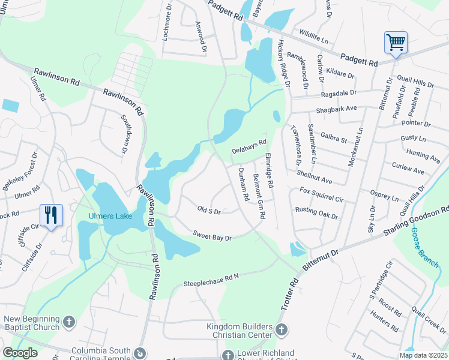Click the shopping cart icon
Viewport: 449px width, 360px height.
tap(396, 43)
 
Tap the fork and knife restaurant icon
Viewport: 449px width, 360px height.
tap(50, 215)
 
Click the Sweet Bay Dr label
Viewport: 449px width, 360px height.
tap(212, 236)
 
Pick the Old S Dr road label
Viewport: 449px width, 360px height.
tap(209, 211)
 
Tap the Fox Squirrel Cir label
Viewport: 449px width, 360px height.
tap(322, 194)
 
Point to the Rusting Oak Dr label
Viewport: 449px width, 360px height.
tap(316, 212)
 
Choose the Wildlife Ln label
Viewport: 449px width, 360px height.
tap(314, 38)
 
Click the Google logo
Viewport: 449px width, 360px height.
tap(20, 353)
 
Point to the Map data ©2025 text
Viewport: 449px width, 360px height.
tap(423, 355)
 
